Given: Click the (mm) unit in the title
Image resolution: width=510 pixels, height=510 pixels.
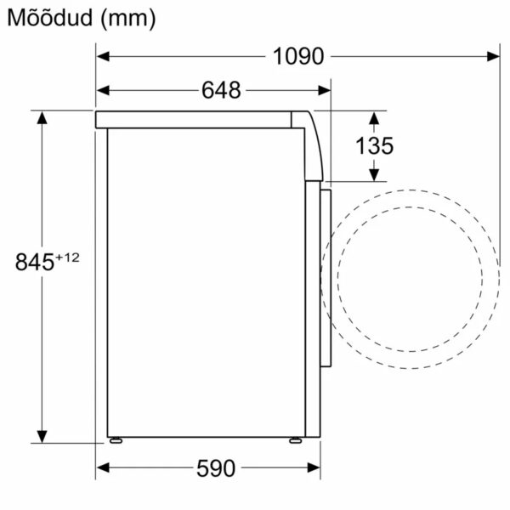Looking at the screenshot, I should coord(127,18).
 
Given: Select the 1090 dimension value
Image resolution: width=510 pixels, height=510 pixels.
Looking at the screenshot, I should coord(298,57).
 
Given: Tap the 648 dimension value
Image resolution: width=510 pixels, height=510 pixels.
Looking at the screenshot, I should coord(221,89).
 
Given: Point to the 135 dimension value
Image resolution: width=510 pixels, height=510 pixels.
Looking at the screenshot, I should coord(374,145).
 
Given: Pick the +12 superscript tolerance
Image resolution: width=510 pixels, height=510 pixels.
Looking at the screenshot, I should coord(67,256).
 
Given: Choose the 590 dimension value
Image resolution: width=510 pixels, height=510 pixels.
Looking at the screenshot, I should coord(214,468).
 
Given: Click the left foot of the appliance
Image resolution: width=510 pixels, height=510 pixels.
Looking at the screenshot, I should coord(115,440).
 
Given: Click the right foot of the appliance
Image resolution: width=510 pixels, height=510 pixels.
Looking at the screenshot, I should coord(293,440).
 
